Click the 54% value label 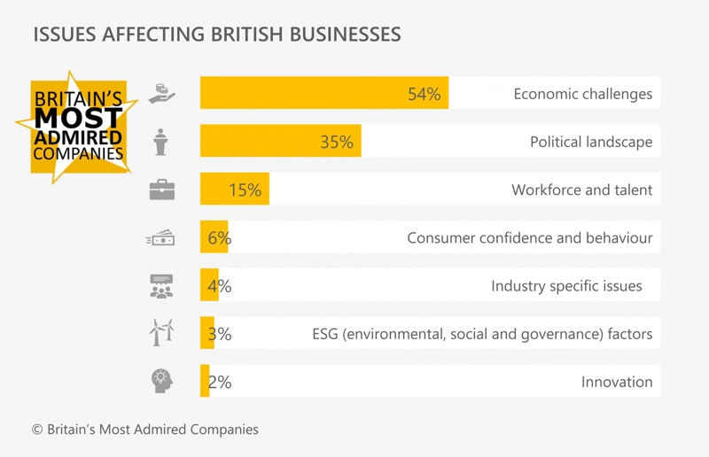point(424,94)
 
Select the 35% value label point(336,142)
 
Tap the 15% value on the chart point(245,190)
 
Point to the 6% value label point(219,237)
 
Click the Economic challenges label point(582,94)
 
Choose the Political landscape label point(590,142)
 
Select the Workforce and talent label point(581,190)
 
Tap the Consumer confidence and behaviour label point(529,237)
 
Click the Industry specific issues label point(566,286)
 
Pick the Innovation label point(617,382)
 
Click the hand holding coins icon point(161,94)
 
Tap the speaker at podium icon point(161,142)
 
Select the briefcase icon point(161,190)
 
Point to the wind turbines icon point(161,332)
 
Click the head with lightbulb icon point(161,381)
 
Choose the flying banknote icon point(160,238)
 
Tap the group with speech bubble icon point(161,285)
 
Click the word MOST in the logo point(78,120)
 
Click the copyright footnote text point(145,430)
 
